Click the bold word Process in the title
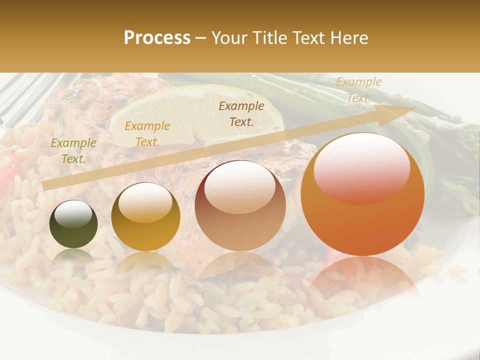(157, 38)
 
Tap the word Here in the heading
(349, 38)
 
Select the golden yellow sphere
(145, 217)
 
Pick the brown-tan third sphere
(240, 206)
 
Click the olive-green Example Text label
(73, 151)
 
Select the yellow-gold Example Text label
(147, 134)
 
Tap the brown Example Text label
(241, 113)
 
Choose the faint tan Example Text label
(358, 90)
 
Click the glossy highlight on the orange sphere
(361, 167)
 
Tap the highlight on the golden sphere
(145, 201)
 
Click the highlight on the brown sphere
(240, 186)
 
